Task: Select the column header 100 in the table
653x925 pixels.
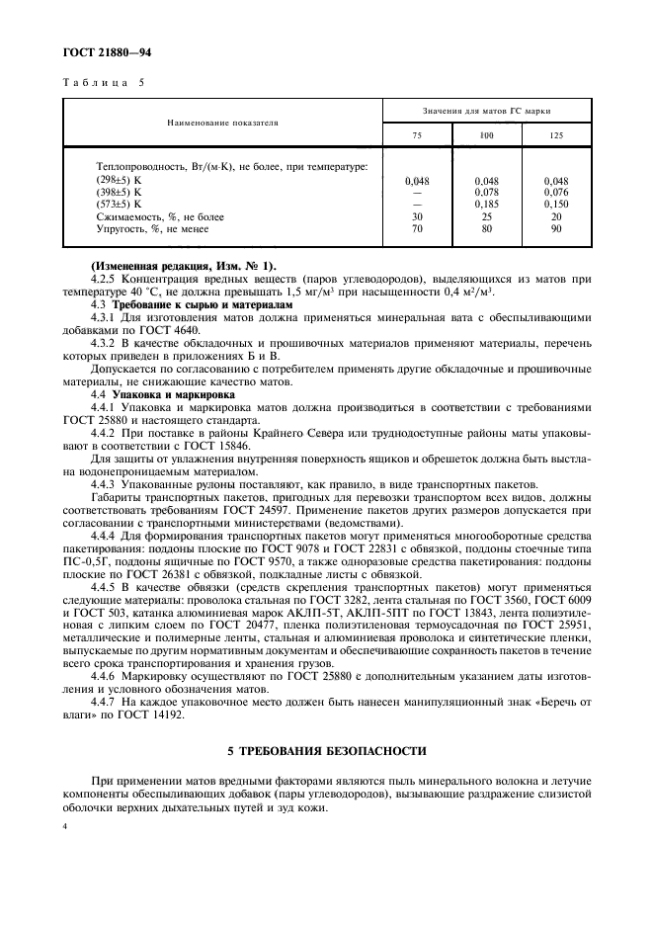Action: click(x=486, y=133)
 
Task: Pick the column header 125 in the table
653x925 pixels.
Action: click(x=556, y=133)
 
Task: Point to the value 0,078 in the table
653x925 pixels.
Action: click(x=486, y=192)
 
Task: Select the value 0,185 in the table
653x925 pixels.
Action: click(x=486, y=204)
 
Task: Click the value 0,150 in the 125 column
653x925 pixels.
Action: click(x=556, y=204)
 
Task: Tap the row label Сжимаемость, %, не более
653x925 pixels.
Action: click(x=160, y=215)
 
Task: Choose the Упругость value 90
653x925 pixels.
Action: click(x=556, y=227)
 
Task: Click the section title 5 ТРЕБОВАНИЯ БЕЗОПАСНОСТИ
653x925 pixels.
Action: click(x=326, y=752)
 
